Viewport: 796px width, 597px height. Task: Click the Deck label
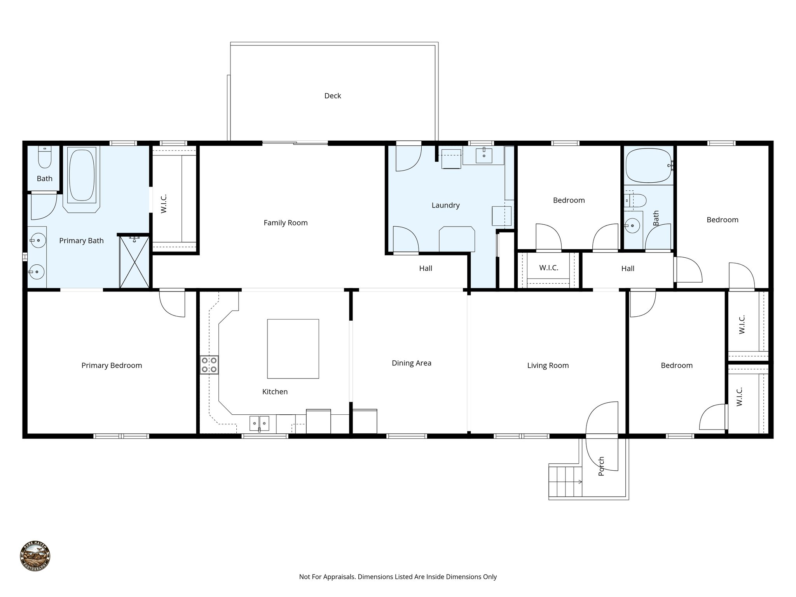pyautogui.click(x=332, y=96)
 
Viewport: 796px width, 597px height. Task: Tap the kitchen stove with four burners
pyautogui.click(x=209, y=365)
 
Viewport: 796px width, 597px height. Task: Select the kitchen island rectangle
pyautogui.click(x=293, y=349)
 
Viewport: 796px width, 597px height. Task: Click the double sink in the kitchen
pyautogui.click(x=259, y=423)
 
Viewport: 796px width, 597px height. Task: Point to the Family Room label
pyautogui.click(x=285, y=223)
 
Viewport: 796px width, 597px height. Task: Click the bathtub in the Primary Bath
pyautogui.click(x=82, y=175)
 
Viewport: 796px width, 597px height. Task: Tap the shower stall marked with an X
pyautogui.click(x=134, y=263)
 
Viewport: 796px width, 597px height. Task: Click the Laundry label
pyautogui.click(x=445, y=205)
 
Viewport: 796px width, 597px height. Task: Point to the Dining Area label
pyautogui.click(x=411, y=363)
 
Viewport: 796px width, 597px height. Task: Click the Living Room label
pyautogui.click(x=548, y=365)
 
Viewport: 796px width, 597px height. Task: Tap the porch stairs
pyautogui.click(x=565, y=481)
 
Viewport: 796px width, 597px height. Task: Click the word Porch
pyautogui.click(x=601, y=466)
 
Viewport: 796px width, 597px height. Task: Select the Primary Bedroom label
pyautogui.click(x=112, y=365)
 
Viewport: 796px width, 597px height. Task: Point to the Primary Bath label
pyautogui.click(x=81, y=241)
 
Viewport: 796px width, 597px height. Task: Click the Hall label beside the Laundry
pyautogui.click(x=426, y=268)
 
